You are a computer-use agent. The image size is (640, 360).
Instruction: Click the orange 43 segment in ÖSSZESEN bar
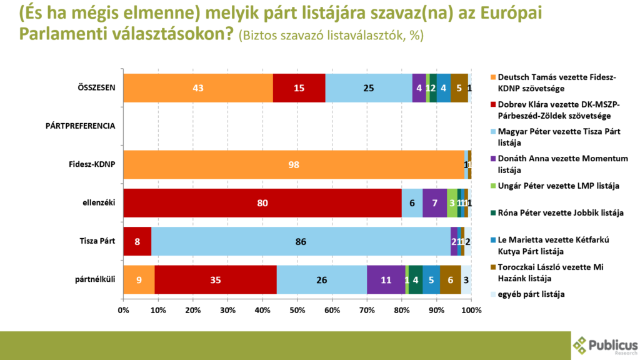pyautogui.click(x=198, y=88)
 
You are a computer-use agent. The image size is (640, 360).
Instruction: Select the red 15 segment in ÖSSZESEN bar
pyautogui.click(x=299, y=88)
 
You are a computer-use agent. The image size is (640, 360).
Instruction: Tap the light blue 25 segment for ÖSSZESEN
pyautogui.click(x=369, y=88)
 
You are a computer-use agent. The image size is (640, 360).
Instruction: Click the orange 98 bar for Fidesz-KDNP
pyautogui.click(x=294, y=165)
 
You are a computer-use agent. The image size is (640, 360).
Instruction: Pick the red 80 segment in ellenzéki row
pyautogui.click(x=262, y=203)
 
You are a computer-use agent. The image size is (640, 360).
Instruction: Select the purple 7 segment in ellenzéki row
pyautogui.click(x=434, y=203)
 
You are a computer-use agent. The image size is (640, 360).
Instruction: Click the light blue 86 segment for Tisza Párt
pyautogui.click(x=301, y=241)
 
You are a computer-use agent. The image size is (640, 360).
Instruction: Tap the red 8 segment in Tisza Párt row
pyautogui.click(x=137, y=241)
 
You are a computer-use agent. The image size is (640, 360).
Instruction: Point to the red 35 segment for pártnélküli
pyautogui.click(x=216, y=279)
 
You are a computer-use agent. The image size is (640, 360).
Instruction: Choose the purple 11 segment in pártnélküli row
pyautogui.click(x=386, y=279)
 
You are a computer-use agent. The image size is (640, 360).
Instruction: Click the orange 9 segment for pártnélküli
pyautogui.click(x=139, y=279)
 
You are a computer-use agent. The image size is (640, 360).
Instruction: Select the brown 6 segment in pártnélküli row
pyautogui.click(x=450, y=279)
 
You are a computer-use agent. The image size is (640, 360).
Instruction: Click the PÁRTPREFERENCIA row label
pyautogui.click(x=81, y=126)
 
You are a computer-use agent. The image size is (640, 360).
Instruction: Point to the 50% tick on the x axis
pyautogui.click(x=297, y=310)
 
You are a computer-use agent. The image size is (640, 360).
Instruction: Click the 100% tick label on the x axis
pyautogui.click(x=471, y=310)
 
